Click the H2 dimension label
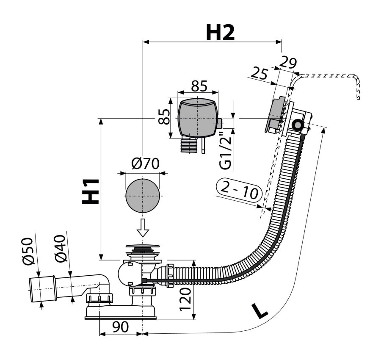point(220,33)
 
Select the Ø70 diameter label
point(144,163)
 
